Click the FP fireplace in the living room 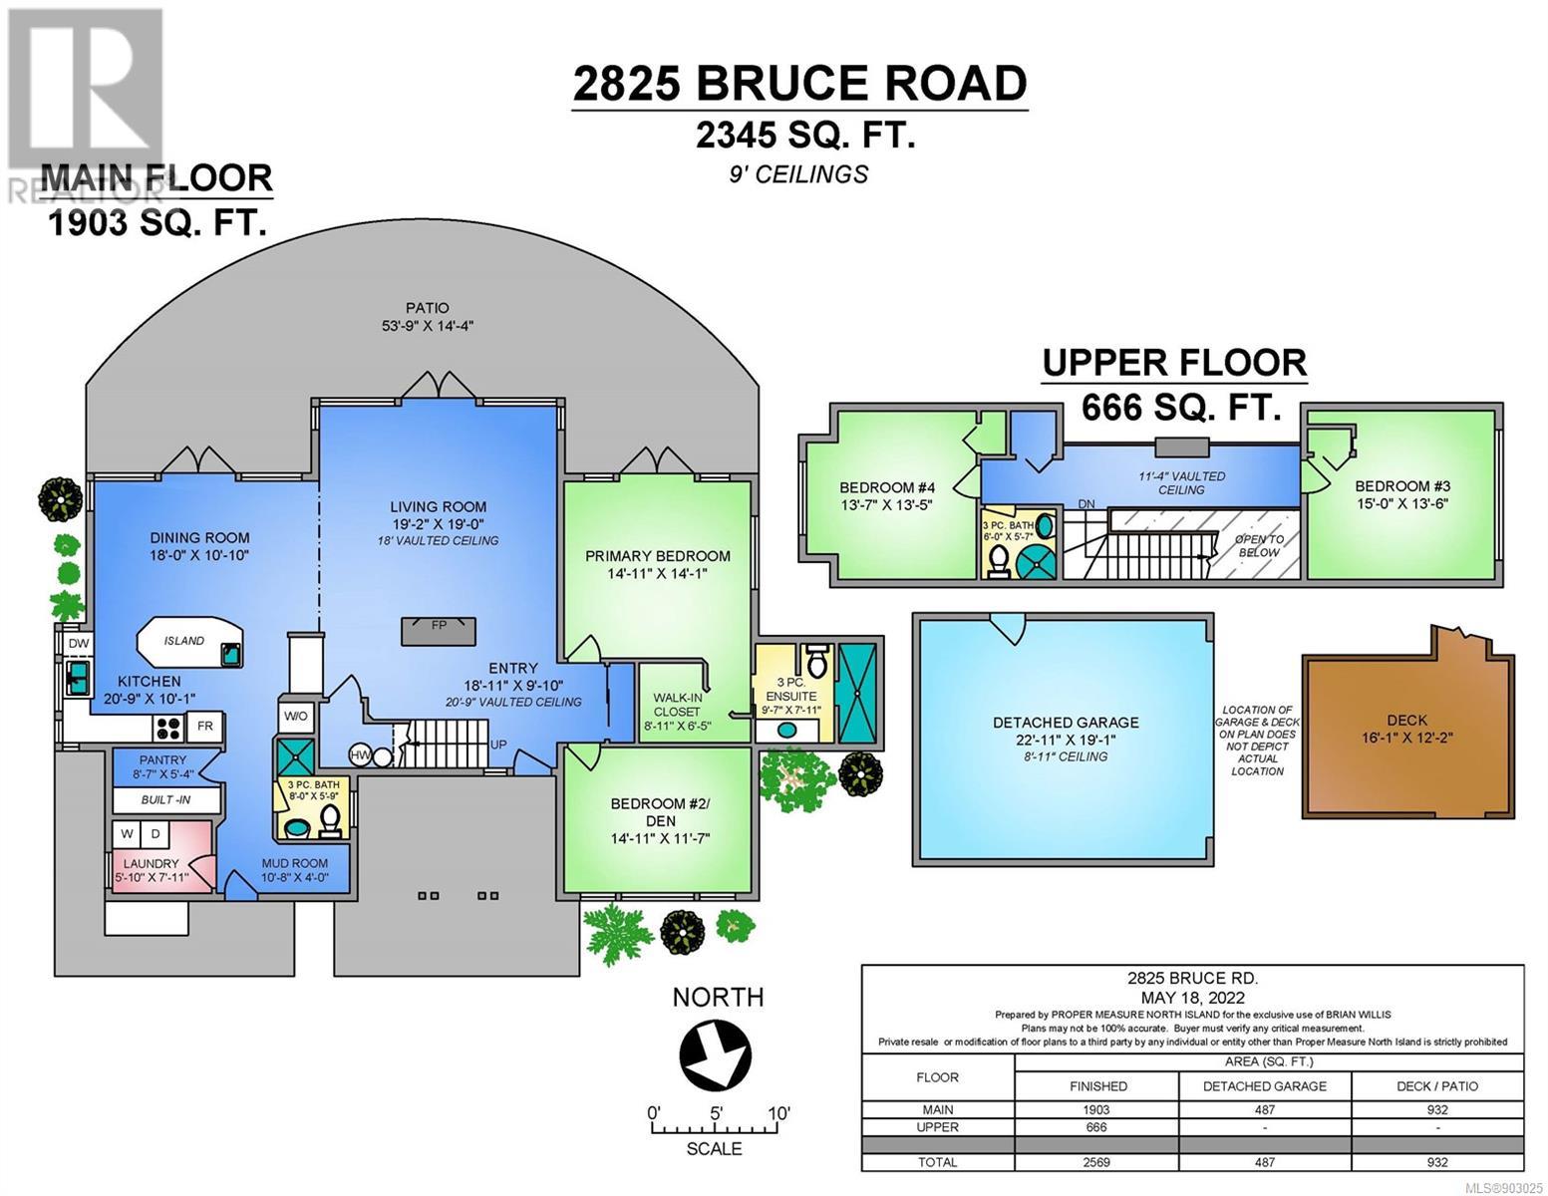click(x=439, y=631)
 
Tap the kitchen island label click(x=183, y=641)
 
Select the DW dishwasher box click(x=79, y=643)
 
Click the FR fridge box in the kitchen click(x=205, y=727)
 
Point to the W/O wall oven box click(x=295, y=716)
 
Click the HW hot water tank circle click(x=360, y=755)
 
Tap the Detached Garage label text click(x=1066, y=723)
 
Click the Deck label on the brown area click(x=1406, y=721)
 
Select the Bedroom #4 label click(x=887, y=488)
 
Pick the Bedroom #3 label click(x=1402, y=486)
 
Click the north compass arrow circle click(x=715, y=1054)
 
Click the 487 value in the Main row click(x=1265, y=1110)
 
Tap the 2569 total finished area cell click(x=1096, y=1162)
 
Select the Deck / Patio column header click(x=1437, y=1086)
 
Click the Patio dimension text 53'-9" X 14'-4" click(x=428, y=326)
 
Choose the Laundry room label click(x=152, y=864)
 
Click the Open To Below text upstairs click(x=1259, y=545)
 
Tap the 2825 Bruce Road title click(x=800, y=84)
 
